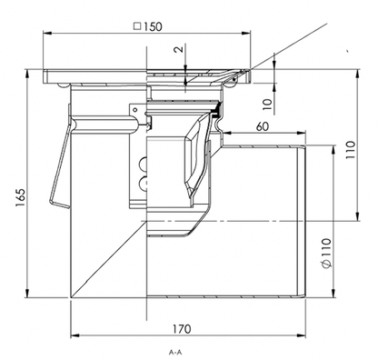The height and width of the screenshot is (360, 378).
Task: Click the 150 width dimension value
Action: click(x=153, y=26)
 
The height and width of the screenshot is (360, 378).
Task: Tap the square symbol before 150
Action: click(x=137, y=26)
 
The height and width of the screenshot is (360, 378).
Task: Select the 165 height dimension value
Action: click(x=21, y=198)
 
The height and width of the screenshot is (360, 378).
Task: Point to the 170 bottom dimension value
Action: click(x=182, y=329)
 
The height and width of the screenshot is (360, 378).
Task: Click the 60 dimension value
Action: click(x=263, y=126)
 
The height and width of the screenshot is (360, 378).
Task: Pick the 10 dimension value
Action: click(x=267, y=105)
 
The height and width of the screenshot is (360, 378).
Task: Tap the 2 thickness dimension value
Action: click(x=180, y=49)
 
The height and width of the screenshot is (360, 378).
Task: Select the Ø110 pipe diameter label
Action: click(x=326, y=254)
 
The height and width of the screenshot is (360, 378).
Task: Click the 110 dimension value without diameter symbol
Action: click(x=351, y=150)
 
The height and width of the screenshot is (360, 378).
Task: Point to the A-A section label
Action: click(x=175, y=352)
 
